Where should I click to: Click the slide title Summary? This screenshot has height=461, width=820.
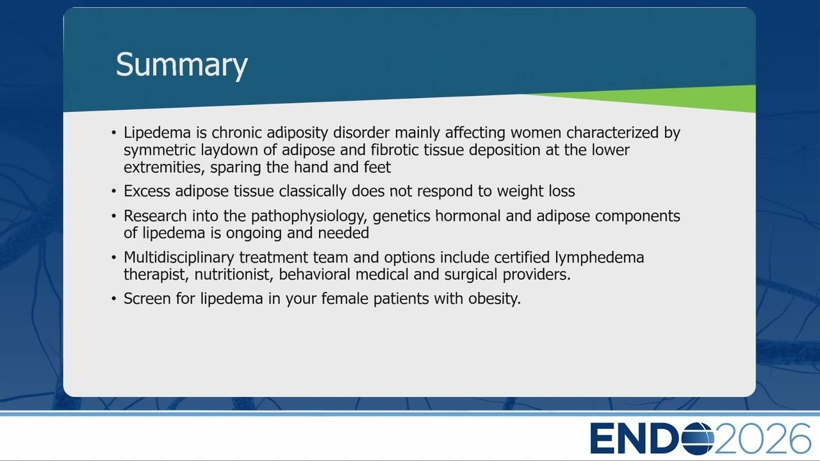pos(181,65)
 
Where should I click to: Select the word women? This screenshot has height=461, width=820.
pos(536,133)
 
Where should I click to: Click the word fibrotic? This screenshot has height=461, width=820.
pos(395,150)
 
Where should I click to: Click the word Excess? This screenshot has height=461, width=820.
pos(147,191)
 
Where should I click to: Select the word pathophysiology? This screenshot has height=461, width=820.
pos(309,216)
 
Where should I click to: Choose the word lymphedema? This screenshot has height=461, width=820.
pos(599,257)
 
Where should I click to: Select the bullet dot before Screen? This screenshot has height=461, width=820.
pos(114,299)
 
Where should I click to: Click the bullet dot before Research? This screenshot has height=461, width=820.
pos(114,216)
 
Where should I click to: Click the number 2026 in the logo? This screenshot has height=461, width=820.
pos(763,438)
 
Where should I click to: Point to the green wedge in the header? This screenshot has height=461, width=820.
pos(677,99)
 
